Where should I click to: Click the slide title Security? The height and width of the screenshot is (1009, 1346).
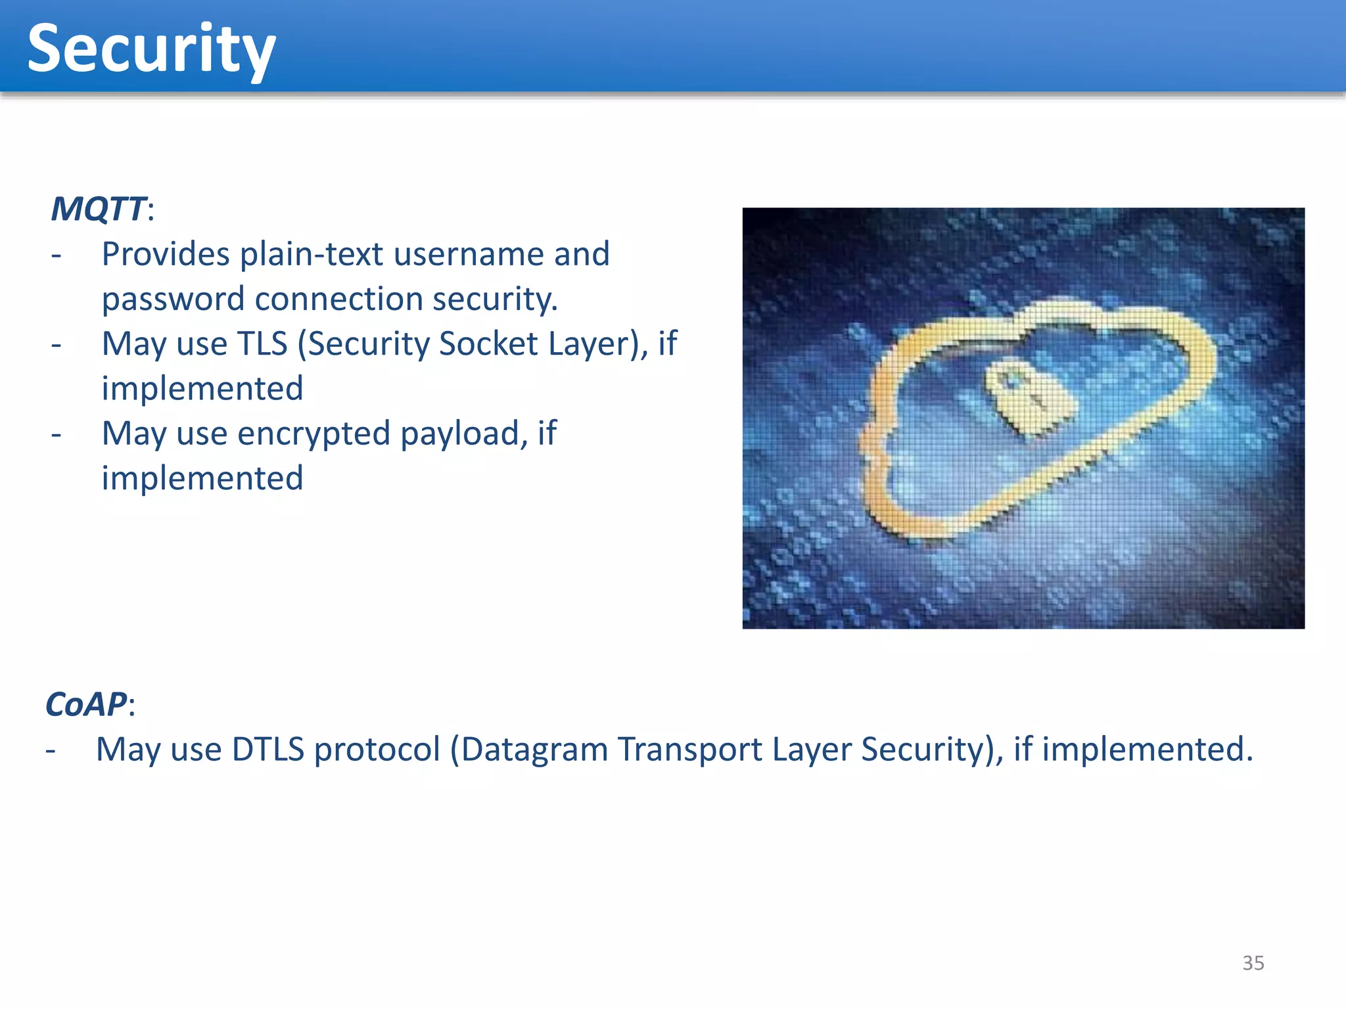point(151,50)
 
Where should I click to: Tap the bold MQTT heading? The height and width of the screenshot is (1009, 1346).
point(99,209)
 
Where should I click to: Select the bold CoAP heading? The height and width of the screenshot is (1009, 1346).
point(85,704)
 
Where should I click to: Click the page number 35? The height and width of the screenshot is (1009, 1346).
point(1253,963)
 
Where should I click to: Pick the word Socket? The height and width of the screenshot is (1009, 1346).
point(488,344)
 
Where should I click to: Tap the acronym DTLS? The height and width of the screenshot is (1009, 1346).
point(268,750)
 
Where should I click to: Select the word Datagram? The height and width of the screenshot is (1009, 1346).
point(534,750)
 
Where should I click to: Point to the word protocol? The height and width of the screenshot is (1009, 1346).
point(377,750)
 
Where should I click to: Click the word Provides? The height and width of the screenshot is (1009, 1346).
point(165,254)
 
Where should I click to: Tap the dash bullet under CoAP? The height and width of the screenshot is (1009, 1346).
point(51,750)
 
